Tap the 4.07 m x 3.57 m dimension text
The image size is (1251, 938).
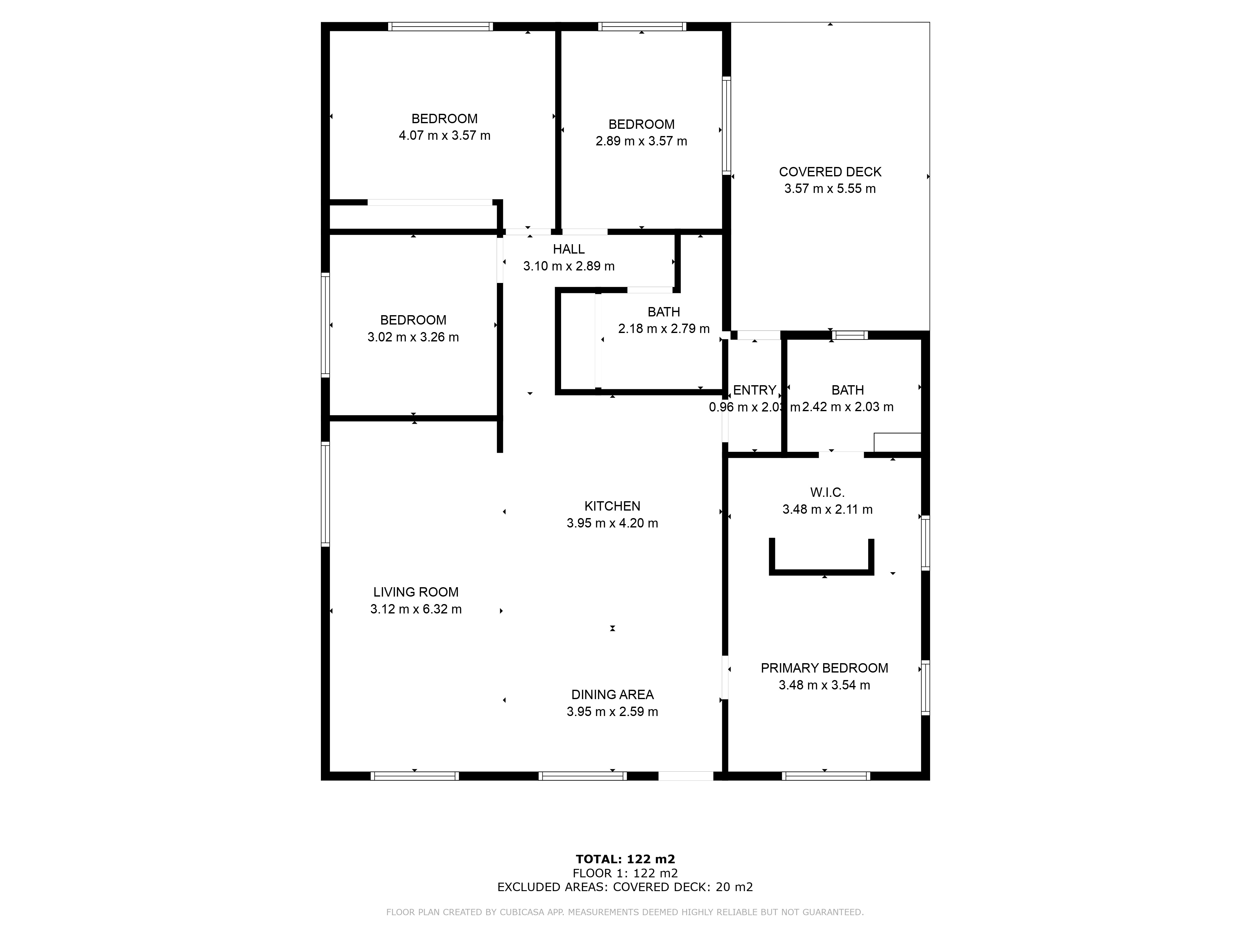tap(444, 136)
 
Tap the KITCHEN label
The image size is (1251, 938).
tap(612, 506)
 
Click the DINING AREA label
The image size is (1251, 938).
tap(612, 694)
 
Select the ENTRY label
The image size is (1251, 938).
tap(754, 390)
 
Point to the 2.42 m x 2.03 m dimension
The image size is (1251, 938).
tap(848, 407)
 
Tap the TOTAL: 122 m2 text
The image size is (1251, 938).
tap(625, 860)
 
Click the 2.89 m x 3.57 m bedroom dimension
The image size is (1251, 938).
tap(641, 141)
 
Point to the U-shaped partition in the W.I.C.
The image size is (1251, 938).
tap(821, 572)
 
